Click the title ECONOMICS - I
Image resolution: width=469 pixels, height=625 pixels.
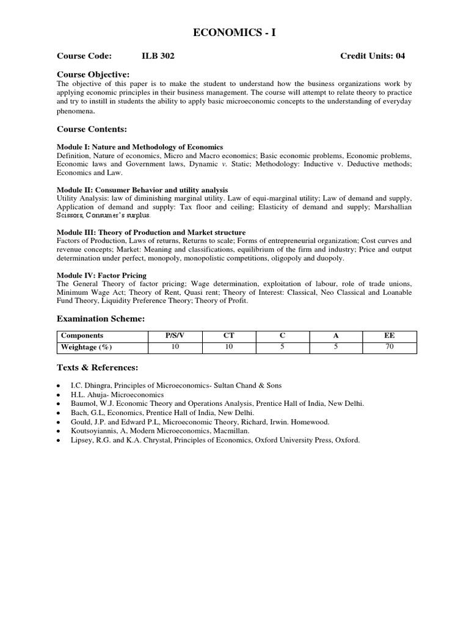pyautogui.click(x=234, y=33)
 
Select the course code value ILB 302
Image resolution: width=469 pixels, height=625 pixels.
pyautogui.click(x=158, y=56)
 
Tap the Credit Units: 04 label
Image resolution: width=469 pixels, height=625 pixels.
pyautogui.click(x=373, y=56)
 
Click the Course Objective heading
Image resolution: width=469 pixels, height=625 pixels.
pyautogui.click(x=93, y=74)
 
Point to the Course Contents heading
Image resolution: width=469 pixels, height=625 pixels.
pyautogui.click(x=92, y=129)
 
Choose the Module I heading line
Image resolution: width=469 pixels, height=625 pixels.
pyautogui.click(x=140, y=147)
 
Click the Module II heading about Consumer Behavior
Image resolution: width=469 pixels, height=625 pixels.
pyautogui.click(x=142, y=190)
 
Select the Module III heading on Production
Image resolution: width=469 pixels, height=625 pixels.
pyautogui.click(x=151, y=233)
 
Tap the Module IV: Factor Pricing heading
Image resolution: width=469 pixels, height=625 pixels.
pyautogui.click(x=101, y=275)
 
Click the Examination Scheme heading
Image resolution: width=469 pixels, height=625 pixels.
pyautogui.click(x=100, y=319)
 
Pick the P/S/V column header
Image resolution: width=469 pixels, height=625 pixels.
pyautogui.click(x=176, y=336)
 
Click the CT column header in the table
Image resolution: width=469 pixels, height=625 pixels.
pyautogui.click(x=230, y=336)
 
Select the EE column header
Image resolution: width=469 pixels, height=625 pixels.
pyautogui.click(x=390, y=336)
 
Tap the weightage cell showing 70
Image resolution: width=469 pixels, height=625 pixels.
pyautogui.click(x=390, y=347)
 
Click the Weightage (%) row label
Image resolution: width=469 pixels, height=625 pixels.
pyautogui.click(x=86, y=347)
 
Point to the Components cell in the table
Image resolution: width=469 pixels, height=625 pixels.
pyautogui.click(x=82, y=336)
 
